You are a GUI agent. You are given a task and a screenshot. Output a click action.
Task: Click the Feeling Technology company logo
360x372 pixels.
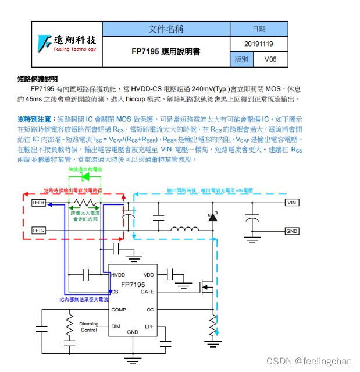coord(67,42)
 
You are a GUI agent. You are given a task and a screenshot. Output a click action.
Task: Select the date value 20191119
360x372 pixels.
coord(259,44)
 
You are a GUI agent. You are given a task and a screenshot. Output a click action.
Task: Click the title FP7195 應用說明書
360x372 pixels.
coord(166,52)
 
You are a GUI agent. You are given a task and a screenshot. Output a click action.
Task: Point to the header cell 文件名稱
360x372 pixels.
coord(166,29)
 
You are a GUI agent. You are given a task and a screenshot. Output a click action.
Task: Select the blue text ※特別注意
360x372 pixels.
coord(36,119)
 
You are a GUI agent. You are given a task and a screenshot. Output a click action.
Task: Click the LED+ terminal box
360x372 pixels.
coord(39,203)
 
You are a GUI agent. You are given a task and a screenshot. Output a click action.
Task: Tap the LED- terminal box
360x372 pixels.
coord(39,231)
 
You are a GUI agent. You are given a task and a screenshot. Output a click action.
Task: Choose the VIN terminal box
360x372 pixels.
coord(292,203)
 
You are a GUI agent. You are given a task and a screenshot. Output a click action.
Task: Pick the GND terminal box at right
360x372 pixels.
coord(292,231)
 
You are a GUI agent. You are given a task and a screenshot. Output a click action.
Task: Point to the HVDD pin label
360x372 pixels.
coord(118,274)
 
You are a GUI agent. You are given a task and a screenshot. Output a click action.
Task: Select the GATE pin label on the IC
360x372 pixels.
coord(147,292)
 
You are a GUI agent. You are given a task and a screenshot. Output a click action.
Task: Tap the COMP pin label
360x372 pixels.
coord(119,310)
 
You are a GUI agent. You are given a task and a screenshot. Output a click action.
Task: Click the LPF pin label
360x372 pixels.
coord(149,327)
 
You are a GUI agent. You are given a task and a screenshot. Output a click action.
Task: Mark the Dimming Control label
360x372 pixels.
coord(89,327)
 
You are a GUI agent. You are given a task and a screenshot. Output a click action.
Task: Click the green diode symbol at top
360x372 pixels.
coord(85,175)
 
